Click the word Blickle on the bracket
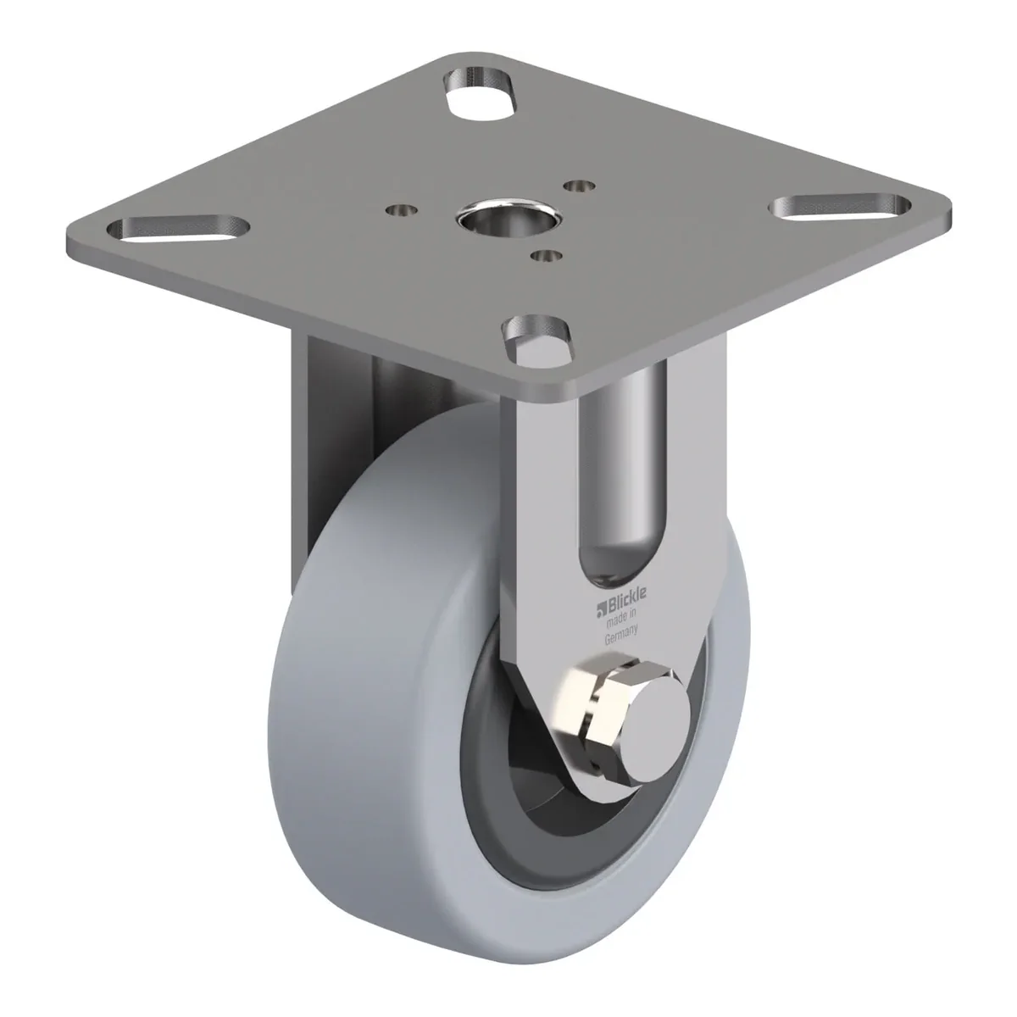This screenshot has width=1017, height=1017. pyautogui.click(x=627, y=598)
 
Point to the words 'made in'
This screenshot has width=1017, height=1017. pyautogui.click(x=622, y=616)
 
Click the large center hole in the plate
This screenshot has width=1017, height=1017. pyautogui.click(x=508, y=217)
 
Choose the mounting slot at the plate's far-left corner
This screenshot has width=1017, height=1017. pyautogui.click(x=178, y=229)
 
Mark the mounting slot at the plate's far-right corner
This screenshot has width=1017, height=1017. pyautogui.click(x=840, y=208)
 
